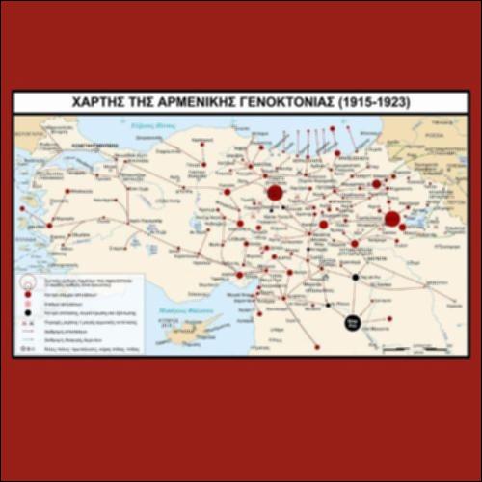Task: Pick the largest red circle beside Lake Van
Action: coord(391,219)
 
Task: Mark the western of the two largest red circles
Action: coord(274,193)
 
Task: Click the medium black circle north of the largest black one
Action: coord(356,278)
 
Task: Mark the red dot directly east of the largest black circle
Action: coord(389,318)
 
